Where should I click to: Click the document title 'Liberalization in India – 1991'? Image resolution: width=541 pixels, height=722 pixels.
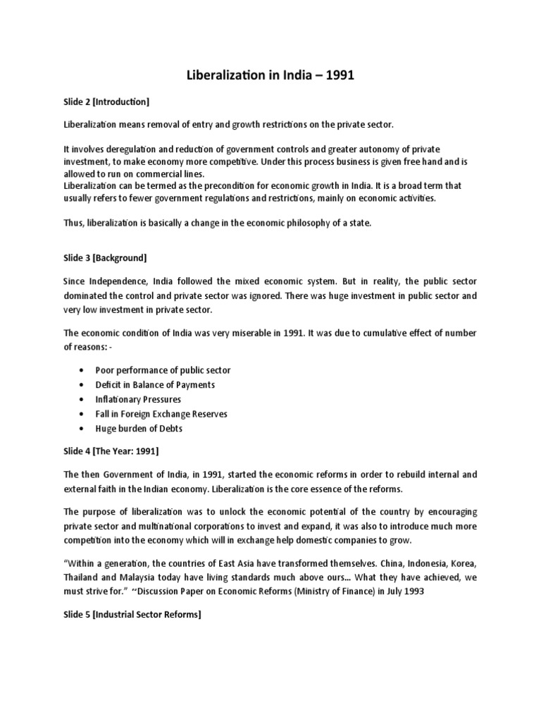[270, 76]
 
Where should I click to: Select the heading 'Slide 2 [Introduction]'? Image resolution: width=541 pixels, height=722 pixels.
[106, 102]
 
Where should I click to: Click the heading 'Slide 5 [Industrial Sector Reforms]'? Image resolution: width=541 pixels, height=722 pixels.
[132, 615]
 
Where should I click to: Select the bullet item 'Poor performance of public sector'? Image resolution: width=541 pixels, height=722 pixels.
[163, 370]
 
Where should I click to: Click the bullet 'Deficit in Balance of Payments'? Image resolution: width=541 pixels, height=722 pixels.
[156, 384]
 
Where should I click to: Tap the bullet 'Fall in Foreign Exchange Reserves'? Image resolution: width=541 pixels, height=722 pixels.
[161, 414]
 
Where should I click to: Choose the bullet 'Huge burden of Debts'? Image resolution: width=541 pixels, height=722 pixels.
[139, 428]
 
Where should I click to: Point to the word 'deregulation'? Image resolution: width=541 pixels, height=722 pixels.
[136, 150]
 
